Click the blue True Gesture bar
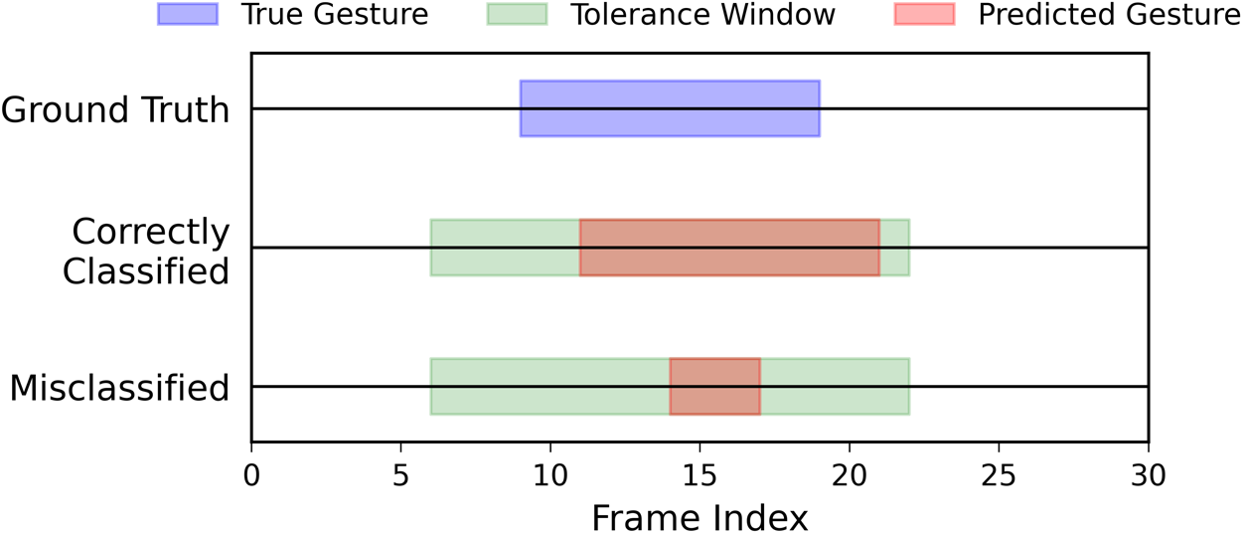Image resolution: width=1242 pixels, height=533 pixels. pos(670,108)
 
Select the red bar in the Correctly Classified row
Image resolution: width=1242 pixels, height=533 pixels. pos(729,248)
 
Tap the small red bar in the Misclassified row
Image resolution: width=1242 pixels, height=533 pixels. pos(714,387)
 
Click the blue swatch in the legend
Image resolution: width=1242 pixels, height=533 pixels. pos(187,15)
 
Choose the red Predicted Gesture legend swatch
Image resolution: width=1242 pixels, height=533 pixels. pos(924,15)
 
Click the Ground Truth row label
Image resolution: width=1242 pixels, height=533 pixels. pos(115,109)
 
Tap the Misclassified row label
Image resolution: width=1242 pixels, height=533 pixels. pos(120,388)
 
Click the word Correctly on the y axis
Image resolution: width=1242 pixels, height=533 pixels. pos(151,233)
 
